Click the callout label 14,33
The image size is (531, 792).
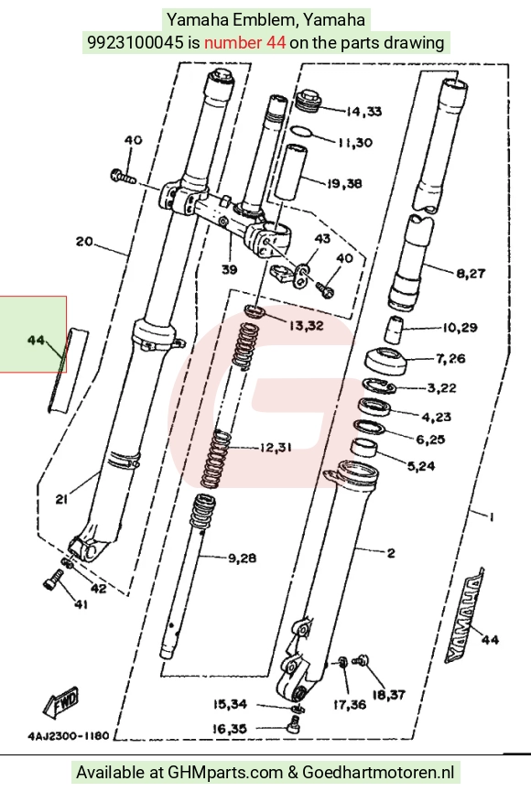pos(363,111)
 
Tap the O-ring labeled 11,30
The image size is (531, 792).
pos(302,133)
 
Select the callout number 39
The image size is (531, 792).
pos(230,270)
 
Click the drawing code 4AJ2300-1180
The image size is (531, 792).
pos(69,735)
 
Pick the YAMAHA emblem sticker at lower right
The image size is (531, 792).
pos(464,614)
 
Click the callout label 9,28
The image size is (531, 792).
pos(242,559)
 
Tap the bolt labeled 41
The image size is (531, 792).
pos(52,579)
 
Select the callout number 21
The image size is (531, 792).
pos(61,499)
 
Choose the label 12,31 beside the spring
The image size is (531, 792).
pos(276,447)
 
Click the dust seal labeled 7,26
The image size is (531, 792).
pos(385,362)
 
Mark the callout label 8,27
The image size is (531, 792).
pos(471,273)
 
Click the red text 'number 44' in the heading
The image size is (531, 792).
pos(244,42)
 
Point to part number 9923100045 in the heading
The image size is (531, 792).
pos(135,42)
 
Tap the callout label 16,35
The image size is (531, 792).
pos(230,728)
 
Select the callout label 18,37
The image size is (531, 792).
pos(388,695)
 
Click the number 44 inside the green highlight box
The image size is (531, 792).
pos(36,340)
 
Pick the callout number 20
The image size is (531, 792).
pos(84,242)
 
